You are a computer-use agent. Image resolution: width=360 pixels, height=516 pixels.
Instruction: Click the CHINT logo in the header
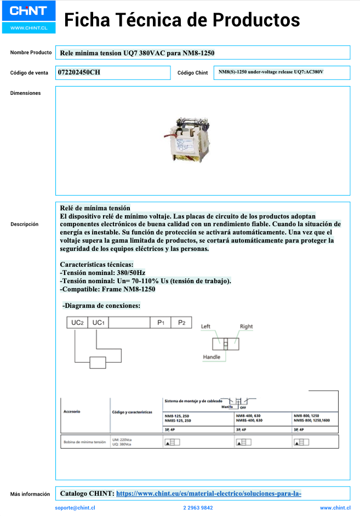[28, 11]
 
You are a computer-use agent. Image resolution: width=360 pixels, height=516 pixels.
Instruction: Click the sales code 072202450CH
[79, 72]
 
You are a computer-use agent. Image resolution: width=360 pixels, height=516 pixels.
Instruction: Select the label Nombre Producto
[31, 53]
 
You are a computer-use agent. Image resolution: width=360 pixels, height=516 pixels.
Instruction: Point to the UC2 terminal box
[77, 323]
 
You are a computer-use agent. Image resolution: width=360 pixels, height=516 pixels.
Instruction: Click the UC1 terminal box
[99, 323]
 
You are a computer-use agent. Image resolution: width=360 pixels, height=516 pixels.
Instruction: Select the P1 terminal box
[161, 323]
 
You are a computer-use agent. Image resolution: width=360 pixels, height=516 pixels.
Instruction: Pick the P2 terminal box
[182, 323]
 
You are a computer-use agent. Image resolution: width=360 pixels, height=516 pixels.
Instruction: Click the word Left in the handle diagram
[205, 326]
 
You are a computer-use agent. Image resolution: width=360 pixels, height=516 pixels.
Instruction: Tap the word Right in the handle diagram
[246, 326]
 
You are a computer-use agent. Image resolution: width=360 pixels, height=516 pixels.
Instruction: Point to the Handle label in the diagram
[212, 357]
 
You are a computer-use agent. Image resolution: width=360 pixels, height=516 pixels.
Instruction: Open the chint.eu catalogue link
[209, 494]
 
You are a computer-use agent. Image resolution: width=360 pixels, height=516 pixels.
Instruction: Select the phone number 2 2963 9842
[198, 508]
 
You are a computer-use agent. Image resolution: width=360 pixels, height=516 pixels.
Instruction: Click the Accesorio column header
[72, 411]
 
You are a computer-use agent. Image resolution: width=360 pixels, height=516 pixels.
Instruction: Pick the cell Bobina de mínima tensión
[84, 442]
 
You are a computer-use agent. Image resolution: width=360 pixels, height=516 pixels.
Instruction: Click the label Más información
[30, 494]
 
